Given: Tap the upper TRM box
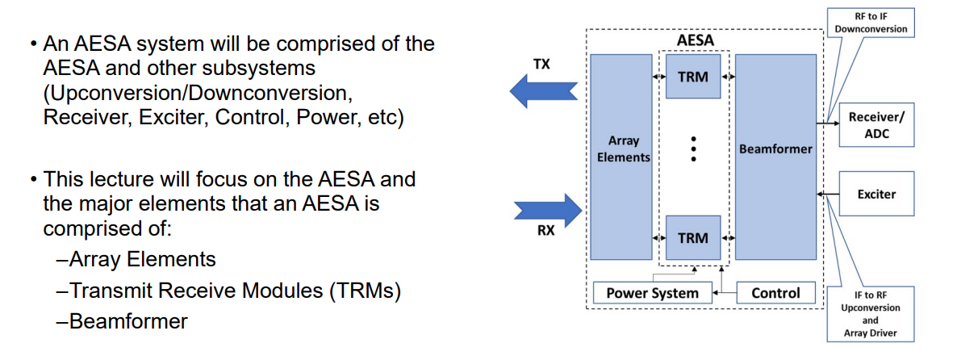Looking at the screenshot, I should click(693, 77).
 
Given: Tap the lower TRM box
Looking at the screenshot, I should click(693, 238).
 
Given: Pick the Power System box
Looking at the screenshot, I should click(652, 293).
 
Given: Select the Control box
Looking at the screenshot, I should click(775, 293).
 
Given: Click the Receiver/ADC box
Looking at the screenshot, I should click(876, 125).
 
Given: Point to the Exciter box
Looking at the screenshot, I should click(876, 194).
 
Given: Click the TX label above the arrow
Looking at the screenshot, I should click(541, 64).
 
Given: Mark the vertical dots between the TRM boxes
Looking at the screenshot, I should click(693, 149).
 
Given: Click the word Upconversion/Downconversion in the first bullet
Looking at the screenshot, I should click(197, 91).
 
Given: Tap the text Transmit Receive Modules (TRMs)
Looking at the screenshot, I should click(235, 291).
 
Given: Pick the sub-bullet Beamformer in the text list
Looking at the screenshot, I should click(128, 321).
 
